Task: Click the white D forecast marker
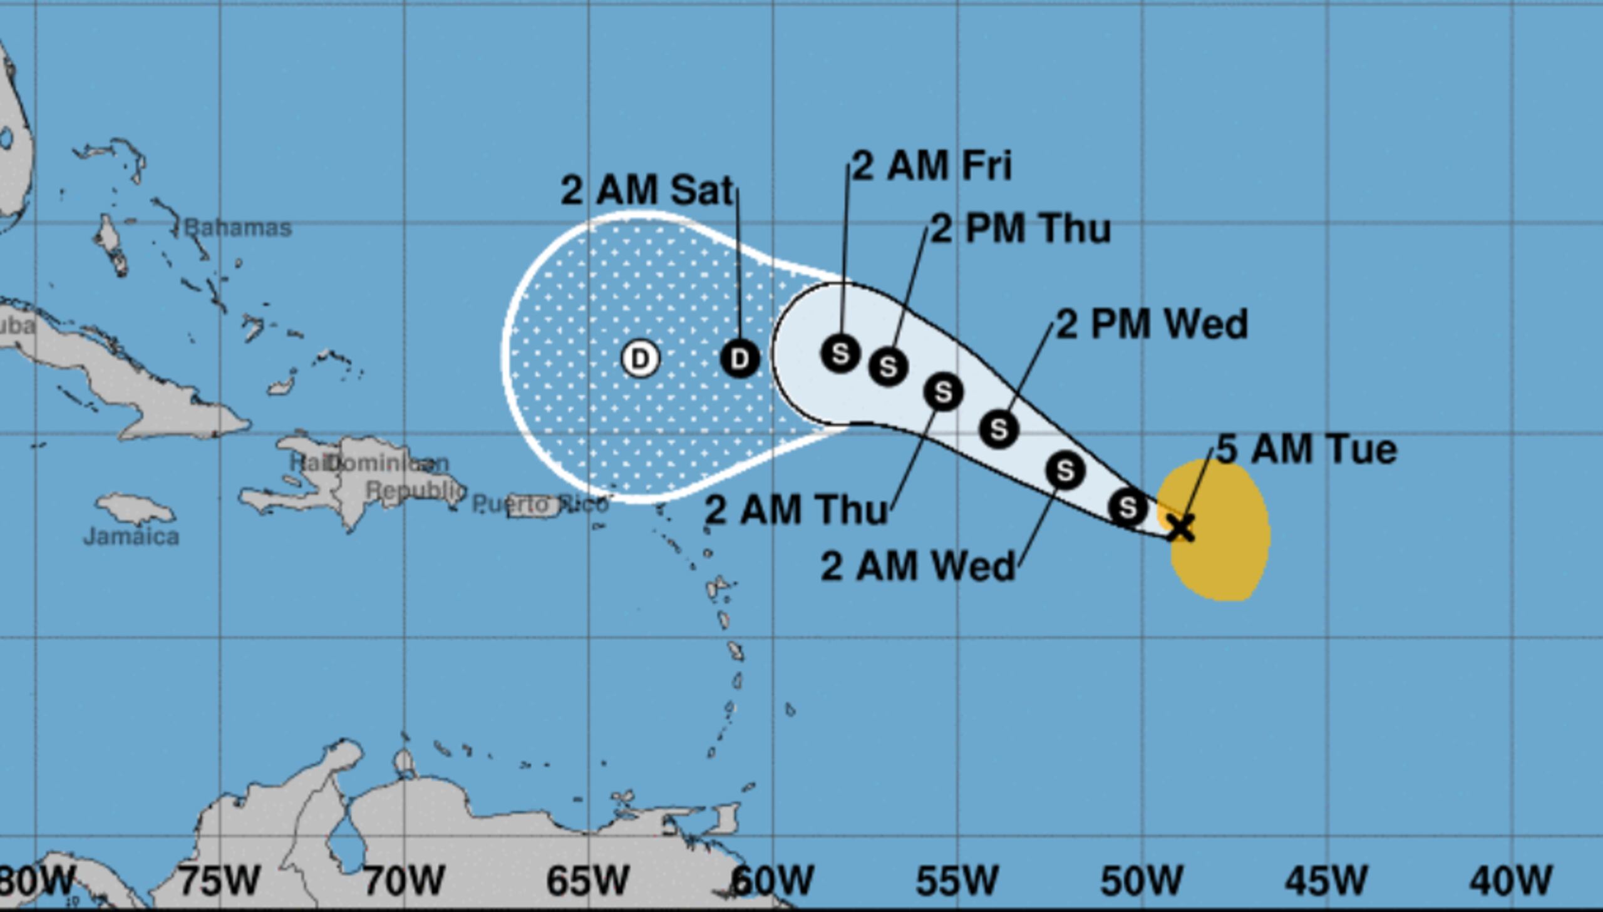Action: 640,359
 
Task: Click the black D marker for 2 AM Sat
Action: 740,359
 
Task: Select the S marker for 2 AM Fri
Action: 840,353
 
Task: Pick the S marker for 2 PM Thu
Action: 889,366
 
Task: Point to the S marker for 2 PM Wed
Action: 999,429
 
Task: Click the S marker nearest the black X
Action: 1128,507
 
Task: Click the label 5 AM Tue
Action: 1307,449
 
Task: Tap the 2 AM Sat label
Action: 646,190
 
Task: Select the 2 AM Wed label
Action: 917,566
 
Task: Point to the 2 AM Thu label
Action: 796,510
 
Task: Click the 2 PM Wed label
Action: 1152,324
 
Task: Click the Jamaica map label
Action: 131,537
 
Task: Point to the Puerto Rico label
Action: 539,505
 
